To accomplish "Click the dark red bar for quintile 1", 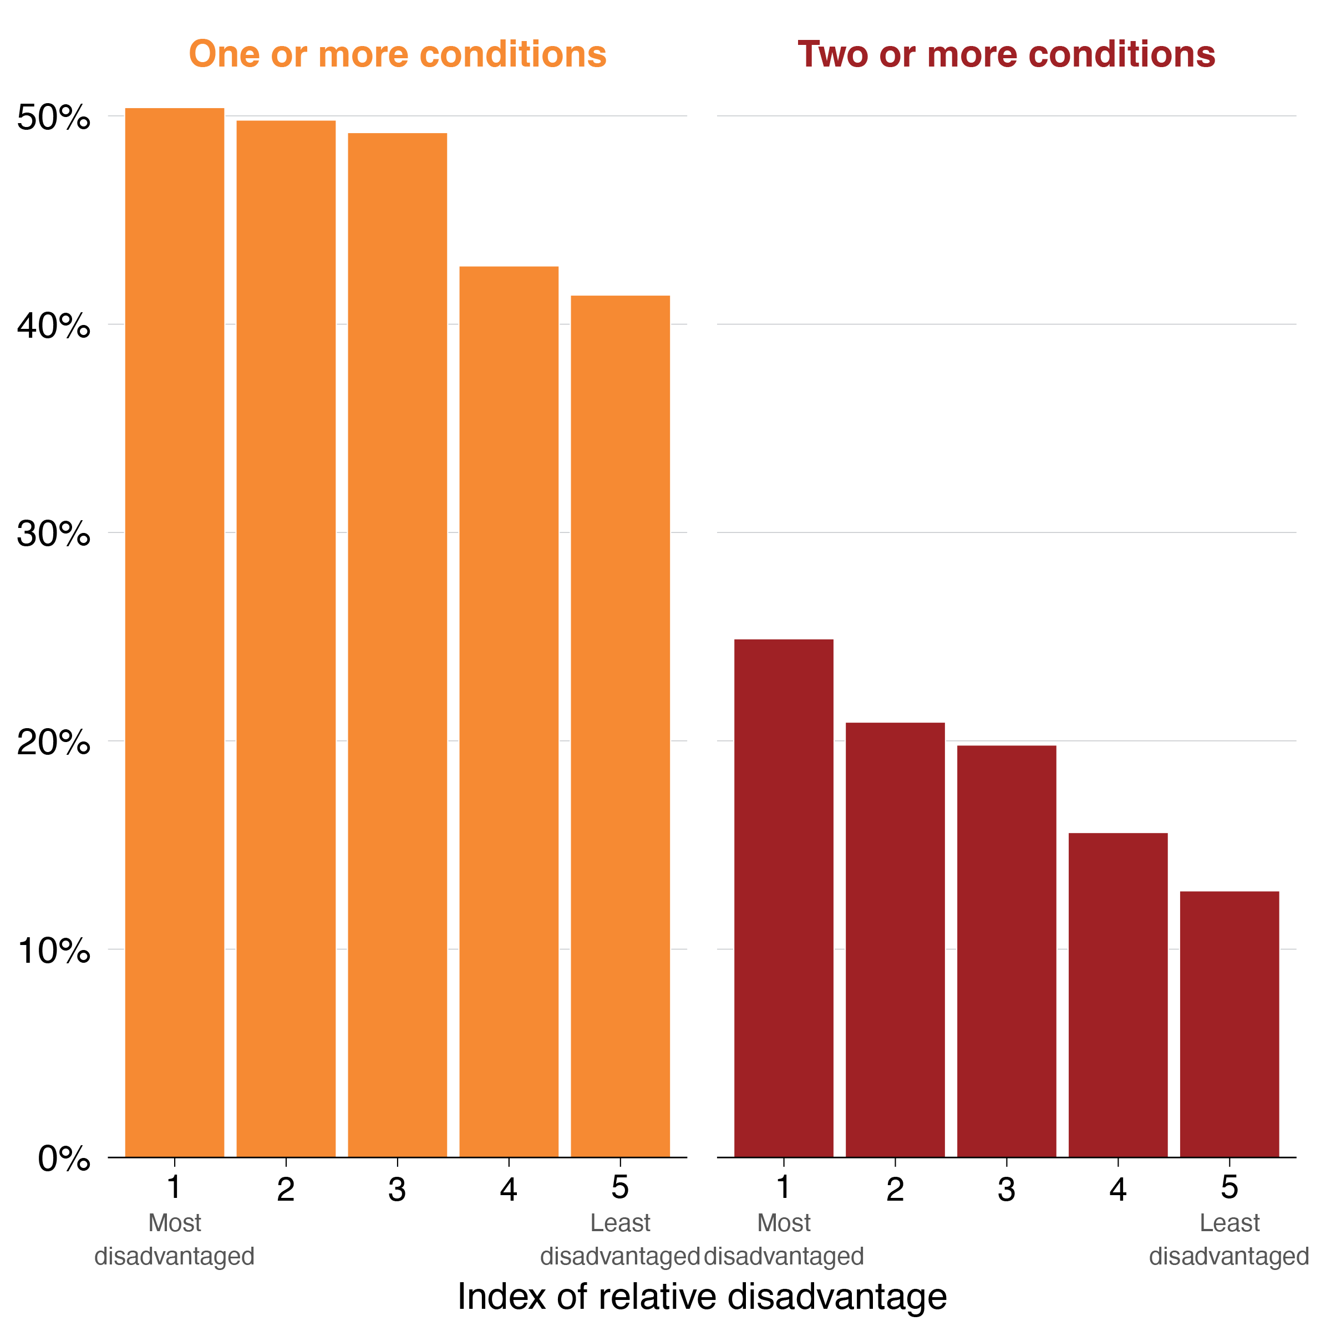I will point(784,898).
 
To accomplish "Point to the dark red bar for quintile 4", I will point(1118,995).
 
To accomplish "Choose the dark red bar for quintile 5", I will point(1230,1024).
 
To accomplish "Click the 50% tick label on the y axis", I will point(54,117).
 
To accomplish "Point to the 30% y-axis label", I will point(54,534).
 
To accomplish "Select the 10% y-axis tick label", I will point(54,951).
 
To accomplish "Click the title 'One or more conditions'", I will point(398,54).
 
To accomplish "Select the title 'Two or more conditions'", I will point(1007,54).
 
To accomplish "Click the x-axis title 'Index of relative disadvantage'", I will point(702,1296).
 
